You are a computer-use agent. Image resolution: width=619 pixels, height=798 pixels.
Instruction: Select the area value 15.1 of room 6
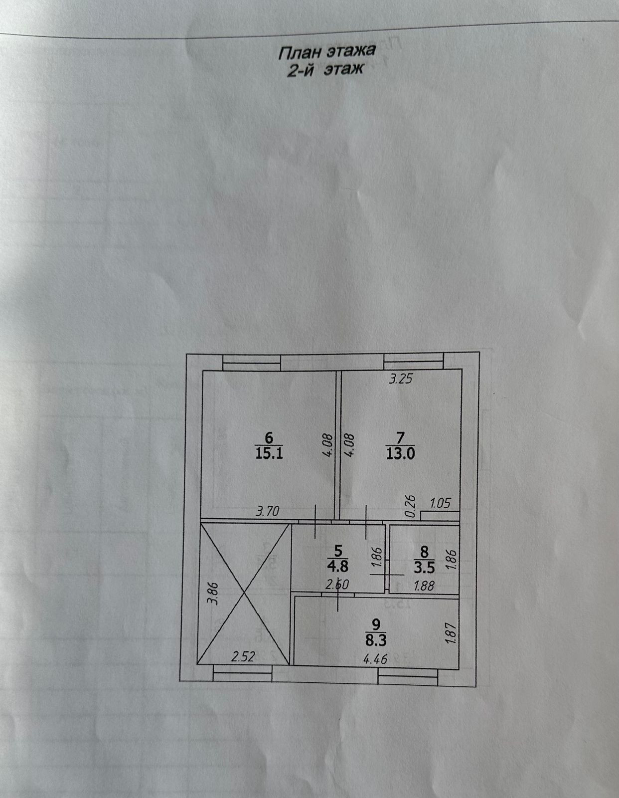[x=269, y=453]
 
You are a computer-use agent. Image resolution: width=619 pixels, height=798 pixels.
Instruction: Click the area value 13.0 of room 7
[x=400, y=453]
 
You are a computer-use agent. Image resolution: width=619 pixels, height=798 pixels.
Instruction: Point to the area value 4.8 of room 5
[x=338, y=567]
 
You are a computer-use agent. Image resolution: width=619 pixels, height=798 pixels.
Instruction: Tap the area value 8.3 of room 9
[x=376, y=638]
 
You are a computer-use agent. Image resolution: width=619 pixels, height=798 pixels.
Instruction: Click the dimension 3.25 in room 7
[x=401, y=379]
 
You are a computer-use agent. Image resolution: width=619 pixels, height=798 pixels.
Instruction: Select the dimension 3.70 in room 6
[x=268, y=511]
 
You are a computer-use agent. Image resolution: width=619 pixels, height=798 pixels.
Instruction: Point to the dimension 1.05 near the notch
[x=440, y=503]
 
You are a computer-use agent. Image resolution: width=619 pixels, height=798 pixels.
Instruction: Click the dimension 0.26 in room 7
[x=411, y=506]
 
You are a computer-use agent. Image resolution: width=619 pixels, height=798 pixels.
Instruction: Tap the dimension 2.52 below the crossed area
[x=243, y=656]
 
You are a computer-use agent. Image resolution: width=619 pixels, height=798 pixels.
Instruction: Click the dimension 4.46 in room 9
[x=375, y=659]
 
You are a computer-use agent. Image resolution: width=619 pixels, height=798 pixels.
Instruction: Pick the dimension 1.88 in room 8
[x=424, y=586]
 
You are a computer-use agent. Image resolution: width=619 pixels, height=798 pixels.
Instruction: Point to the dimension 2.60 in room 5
[x=336, y=585]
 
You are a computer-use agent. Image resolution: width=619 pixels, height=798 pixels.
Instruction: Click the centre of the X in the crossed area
[x=244, y=594]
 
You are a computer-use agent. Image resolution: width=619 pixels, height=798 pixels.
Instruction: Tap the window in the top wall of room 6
[x=251, y=362]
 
